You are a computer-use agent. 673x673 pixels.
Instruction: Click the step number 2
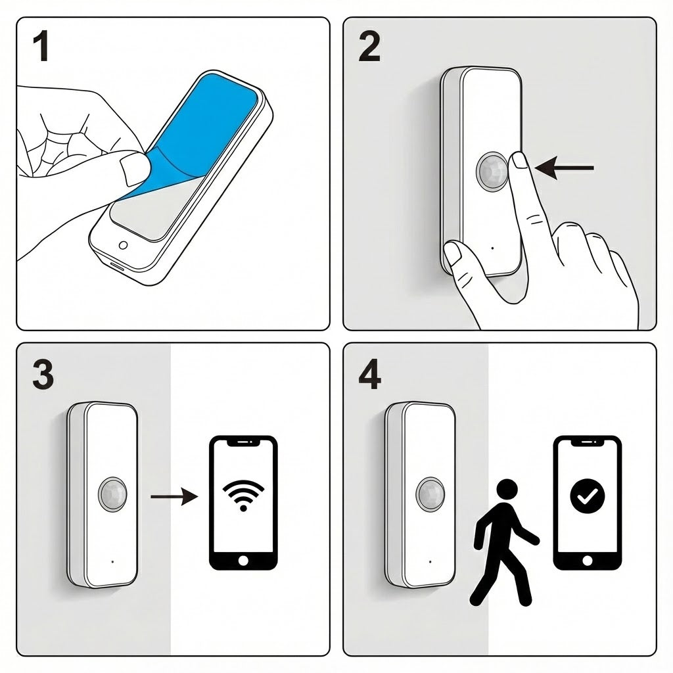tap(369, 47)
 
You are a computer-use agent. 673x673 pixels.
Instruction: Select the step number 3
tap(43, 375)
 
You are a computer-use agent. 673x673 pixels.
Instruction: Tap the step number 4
tap(369, 375)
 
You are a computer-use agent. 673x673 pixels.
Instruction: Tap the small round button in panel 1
tap(123, 245)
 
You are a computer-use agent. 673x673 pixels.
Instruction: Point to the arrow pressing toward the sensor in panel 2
tap(564, 168)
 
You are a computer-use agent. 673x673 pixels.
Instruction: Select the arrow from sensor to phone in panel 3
tap(174, 497)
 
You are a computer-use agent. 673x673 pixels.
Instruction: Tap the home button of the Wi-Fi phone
tap(243, 561)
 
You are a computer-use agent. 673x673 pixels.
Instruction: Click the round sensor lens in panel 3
tap(113, 494)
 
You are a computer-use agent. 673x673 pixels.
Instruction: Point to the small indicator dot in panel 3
tap(112, 561)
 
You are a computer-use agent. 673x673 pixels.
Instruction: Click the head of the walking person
tap(507, 490)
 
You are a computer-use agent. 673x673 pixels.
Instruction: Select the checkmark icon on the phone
tap(587, 496)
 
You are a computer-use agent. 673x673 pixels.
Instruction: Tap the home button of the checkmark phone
tap(587, 561)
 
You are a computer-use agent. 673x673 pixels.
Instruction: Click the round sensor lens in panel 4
tap(430, 494)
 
